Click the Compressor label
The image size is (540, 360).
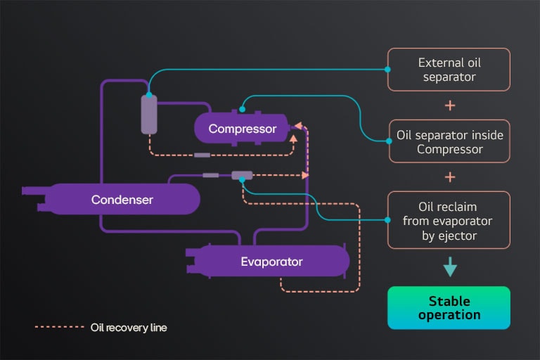[x=243, y=129]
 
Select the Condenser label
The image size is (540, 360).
[x=122, y=200]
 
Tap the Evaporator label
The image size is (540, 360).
[x=271, y=262]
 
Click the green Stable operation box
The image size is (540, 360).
[x=449, y=308]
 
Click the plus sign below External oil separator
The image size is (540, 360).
[x=450, y=105]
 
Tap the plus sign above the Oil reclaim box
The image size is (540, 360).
[x=450, y=176]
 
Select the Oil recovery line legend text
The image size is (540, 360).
[x=129, y=328]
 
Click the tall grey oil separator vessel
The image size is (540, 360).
[x=148, y=114]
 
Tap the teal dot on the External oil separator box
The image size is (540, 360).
[x=388, y=69]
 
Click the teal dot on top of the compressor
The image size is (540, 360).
[x=242, y=108]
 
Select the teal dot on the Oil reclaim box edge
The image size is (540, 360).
[x=388, y=220]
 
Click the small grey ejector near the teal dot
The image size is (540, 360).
[x=242, y=174]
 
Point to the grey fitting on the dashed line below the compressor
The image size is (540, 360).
[x=202, y=155]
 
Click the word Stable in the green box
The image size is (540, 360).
[x=449, y=301]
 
